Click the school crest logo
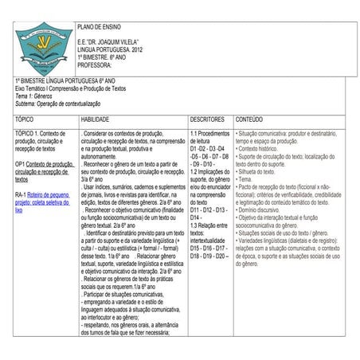pos(44,49)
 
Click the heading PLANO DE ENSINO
pos(100,27)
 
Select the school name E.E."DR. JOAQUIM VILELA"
pos(108,41)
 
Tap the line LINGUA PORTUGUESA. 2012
pos(109,50)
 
